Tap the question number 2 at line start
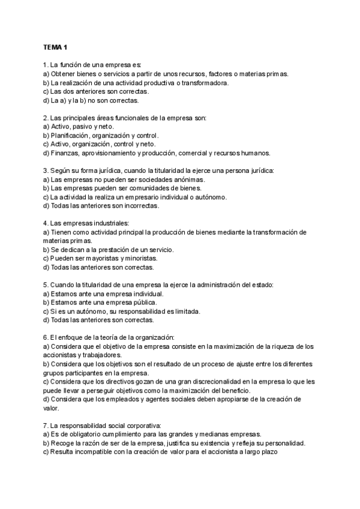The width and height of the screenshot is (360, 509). [45, 118]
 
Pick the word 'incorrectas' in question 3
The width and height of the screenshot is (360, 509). [140, 206]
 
